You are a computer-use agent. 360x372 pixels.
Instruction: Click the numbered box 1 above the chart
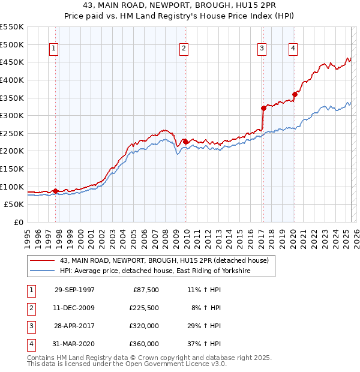tap(54, 49)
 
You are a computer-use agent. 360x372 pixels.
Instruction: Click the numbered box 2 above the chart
tap(184, 49)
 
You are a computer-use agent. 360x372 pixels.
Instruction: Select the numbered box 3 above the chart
tap(262, 49)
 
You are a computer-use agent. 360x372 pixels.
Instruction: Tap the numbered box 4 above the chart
tap(293, 49)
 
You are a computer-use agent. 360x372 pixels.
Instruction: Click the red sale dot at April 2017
tap(263, 109)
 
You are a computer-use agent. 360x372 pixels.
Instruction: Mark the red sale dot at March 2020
tap(295, 94)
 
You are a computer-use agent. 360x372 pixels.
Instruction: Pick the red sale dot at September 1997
tap(56, 191)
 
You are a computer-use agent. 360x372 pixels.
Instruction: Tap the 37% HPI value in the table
tap(203, 344)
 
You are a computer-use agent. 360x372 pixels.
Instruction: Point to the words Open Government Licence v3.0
tap(184, 364)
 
